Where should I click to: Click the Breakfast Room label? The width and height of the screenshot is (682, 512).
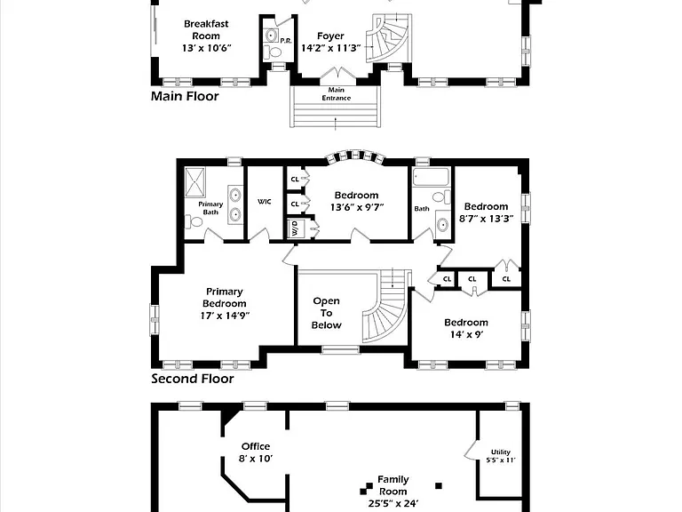[x=206, y=30]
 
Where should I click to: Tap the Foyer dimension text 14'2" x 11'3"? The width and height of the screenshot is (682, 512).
[x=331, y=48]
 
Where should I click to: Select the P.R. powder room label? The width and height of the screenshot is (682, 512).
[x=286, y=41]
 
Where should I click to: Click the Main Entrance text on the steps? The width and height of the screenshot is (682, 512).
[x=337, y=93]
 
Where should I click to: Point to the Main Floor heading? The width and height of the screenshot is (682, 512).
[x=185, y=96]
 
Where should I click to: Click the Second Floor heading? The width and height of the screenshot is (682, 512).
[x=192, y=379]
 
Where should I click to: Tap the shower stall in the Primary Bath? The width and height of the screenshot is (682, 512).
[x=194, y=182]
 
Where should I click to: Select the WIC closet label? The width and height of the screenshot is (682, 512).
[x=265, y=202]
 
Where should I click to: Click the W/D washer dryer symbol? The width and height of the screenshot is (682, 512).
[x=295, y=228]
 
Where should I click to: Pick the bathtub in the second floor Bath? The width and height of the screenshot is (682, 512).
[x=431, y=177]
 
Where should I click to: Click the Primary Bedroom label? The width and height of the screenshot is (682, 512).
[x=225, y=298]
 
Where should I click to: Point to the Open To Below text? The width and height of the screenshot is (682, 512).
[x=327, y=313]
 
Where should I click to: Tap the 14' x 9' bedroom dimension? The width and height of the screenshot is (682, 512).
[x=467, y=334]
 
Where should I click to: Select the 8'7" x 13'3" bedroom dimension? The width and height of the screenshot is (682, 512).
[x=487, y=218]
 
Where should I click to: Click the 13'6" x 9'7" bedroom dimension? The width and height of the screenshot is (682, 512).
[x=357, y=207]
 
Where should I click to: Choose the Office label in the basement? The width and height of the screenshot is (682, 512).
[x=256, y=446]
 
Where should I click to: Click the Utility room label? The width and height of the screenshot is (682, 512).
[x=501, y=452]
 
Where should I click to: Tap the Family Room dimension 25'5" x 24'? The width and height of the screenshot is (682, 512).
[x=393, y=504]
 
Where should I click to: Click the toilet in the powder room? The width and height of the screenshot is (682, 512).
[x=274, y=52]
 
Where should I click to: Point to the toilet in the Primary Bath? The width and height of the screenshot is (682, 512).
[x=194, y=222]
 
